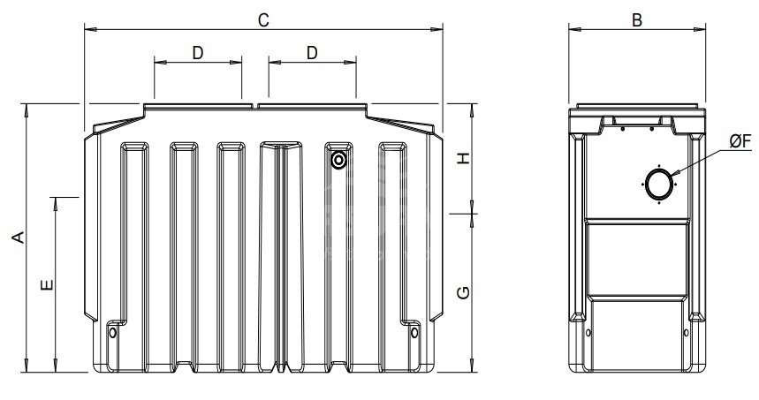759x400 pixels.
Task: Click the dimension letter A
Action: coord(19,238)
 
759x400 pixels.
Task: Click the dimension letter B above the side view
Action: coord(637,20)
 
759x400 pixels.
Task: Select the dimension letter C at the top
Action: coord(262,20)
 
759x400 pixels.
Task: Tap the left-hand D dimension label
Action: coord(198,53)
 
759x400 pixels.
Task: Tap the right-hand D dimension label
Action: coord(312,53)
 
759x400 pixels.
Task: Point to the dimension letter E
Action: coord(47,285)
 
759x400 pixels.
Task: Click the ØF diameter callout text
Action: coord(740,141)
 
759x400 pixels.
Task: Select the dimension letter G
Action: coord(464,292)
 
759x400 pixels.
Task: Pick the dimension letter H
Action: coord(464,158)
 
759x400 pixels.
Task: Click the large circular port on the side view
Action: coord(646,185)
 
